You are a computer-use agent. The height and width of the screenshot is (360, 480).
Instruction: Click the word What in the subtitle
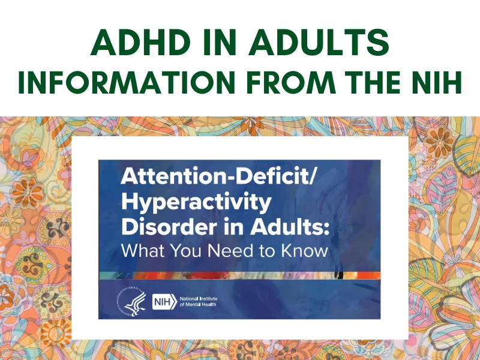point(142,250)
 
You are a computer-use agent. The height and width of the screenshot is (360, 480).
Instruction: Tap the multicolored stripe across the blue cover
point(240,275)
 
